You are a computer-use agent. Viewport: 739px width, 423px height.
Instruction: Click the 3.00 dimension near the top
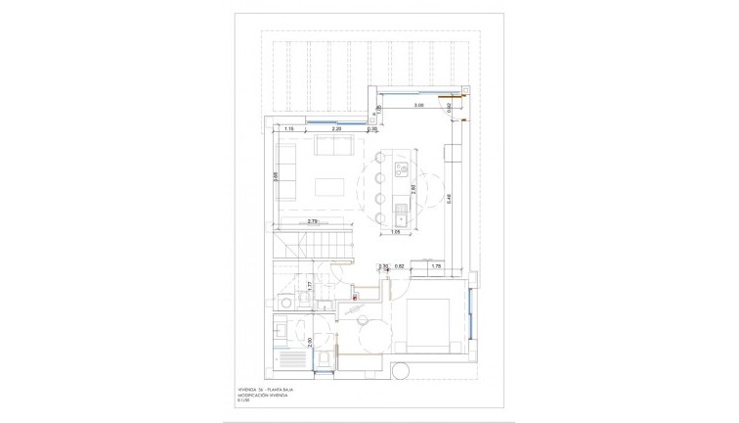417,105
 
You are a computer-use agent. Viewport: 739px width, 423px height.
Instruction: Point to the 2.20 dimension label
336,128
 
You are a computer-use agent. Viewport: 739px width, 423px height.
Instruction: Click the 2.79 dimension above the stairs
313,222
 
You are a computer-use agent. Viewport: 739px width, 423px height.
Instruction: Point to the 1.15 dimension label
289,128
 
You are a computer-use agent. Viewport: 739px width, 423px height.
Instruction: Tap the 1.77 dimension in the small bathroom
309,286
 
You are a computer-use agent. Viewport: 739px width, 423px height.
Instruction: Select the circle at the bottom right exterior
400,372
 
